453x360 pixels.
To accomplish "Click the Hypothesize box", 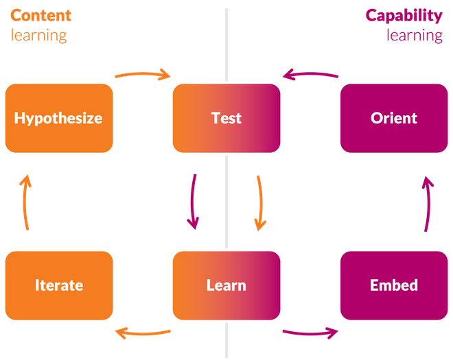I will tap(58, 117).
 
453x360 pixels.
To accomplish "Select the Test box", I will tap(226, 117).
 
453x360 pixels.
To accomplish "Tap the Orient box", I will tap(393, 117).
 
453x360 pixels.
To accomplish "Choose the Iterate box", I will tap(58, 285).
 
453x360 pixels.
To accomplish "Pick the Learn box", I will tap(226, 285).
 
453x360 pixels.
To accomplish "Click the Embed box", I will tap(393, 285).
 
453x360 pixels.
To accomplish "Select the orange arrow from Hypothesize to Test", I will tap(142, 73).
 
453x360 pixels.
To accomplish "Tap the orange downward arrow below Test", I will tap(259, 202).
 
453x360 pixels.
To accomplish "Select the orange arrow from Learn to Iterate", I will tap(142, 333).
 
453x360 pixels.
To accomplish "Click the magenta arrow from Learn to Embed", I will tap(310, 333).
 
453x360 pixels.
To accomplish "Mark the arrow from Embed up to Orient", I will tap(427, 202).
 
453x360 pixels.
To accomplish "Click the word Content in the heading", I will tap(40, 15).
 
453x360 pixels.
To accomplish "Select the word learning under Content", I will tap(38, 34).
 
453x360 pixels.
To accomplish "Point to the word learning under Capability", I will tap(414, 34).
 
